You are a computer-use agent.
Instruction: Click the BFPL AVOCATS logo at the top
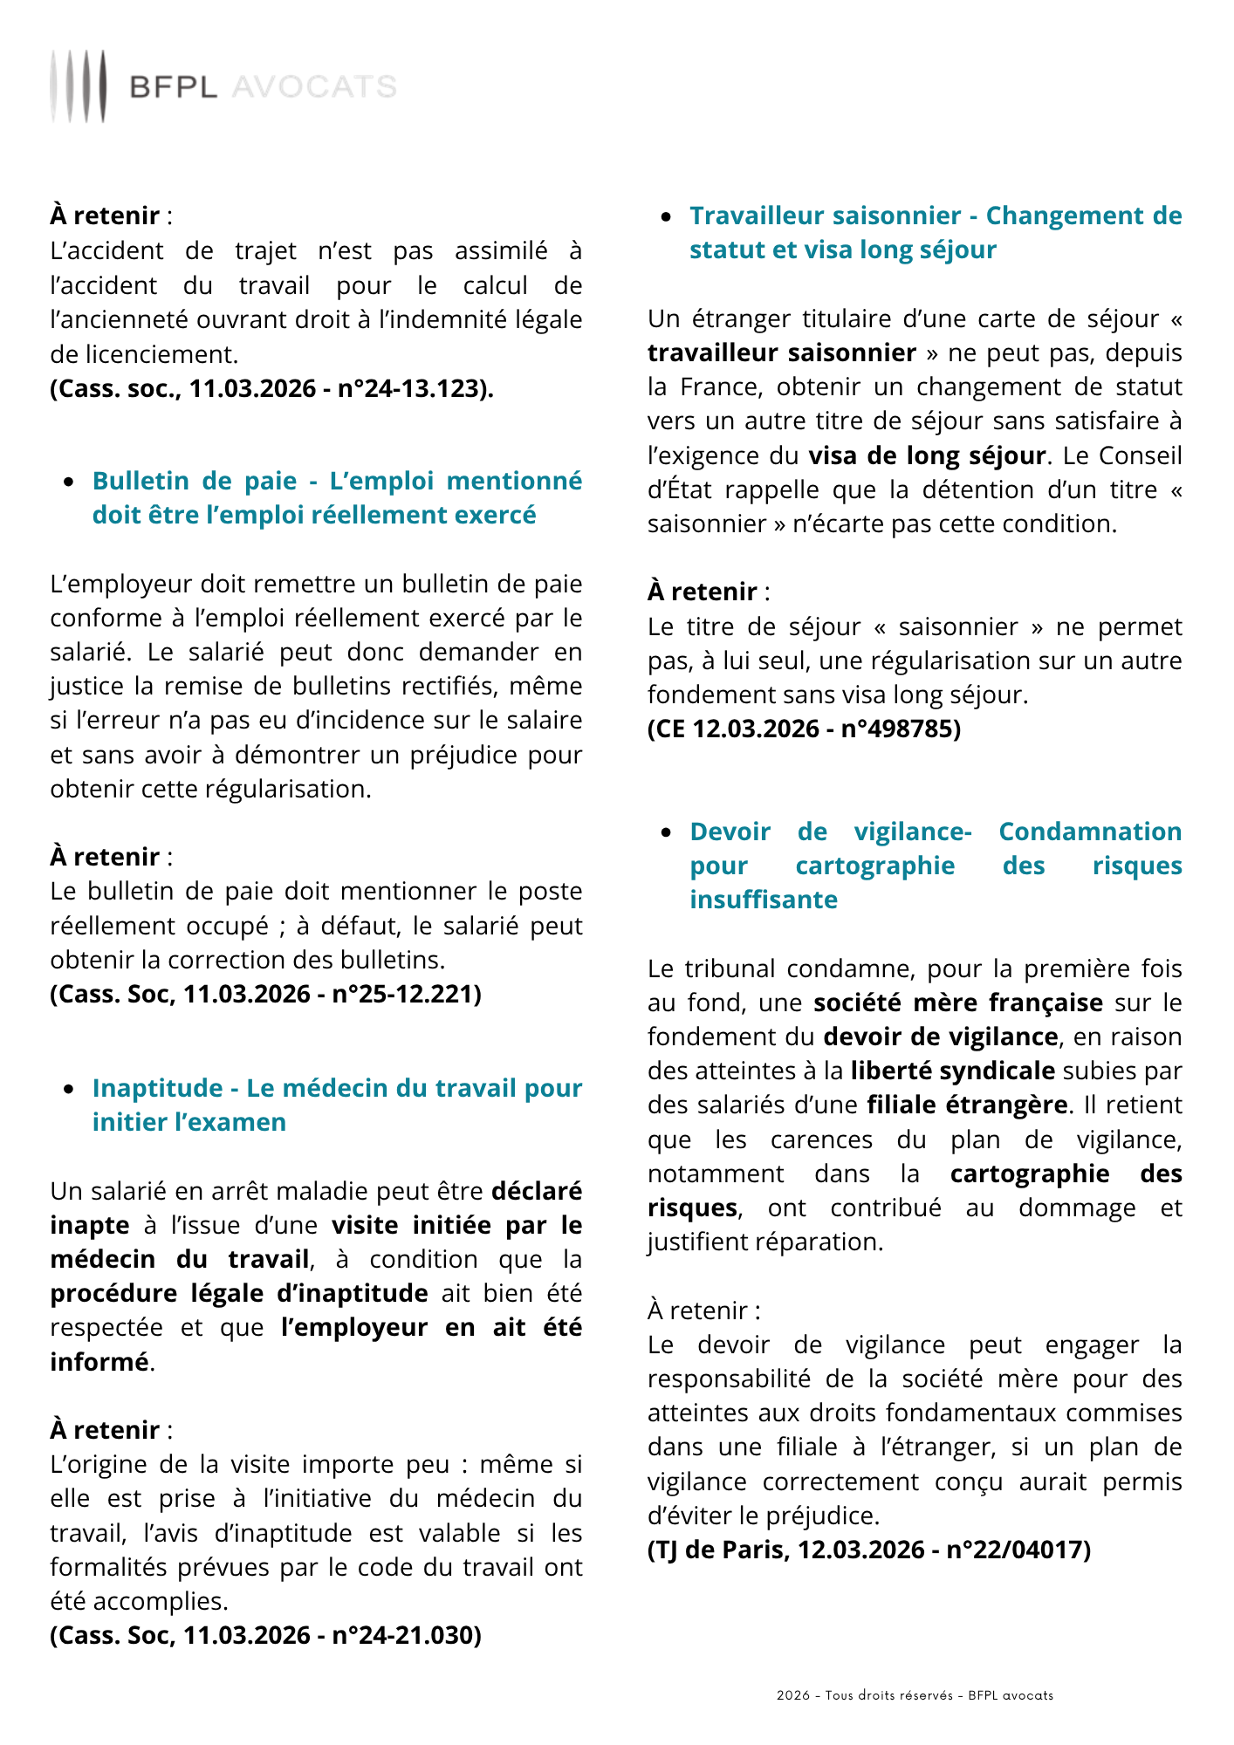(x=223, y=86)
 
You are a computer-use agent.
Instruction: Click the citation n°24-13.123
(x=271, y=388)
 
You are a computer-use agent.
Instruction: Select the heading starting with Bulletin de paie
(x=337, y=497)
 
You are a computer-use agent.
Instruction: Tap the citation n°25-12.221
(x=265, y=994)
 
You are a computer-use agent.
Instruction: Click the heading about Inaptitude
(x=337, y=1105)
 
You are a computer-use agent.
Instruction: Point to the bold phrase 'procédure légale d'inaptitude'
(x=239, y=1293)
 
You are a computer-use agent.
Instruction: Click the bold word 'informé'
(x=99, y=1361)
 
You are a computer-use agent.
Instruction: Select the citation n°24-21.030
(x=265, y=1635)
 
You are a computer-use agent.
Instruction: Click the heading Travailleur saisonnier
(x=936, y=232)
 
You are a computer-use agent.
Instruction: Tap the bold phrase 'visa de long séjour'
(x=927, y=455)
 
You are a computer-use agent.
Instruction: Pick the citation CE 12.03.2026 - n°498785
(x=804, y=729)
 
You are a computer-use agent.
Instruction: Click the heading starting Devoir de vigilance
(x=936, y=866)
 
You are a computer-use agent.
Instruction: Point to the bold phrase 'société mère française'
(x=957, y=1003)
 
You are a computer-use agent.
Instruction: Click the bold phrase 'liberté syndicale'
(x=953, y=1071)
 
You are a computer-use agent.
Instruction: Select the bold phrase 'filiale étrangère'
(x=967, y=1105)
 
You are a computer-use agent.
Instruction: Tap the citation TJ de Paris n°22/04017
(x=868, y=1550)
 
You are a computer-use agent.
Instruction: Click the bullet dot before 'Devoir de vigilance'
(x=667, y=832)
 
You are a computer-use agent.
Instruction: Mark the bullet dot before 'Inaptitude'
(x=69, y=1089)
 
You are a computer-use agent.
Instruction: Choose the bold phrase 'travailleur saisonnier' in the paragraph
(x=782, y=352)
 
